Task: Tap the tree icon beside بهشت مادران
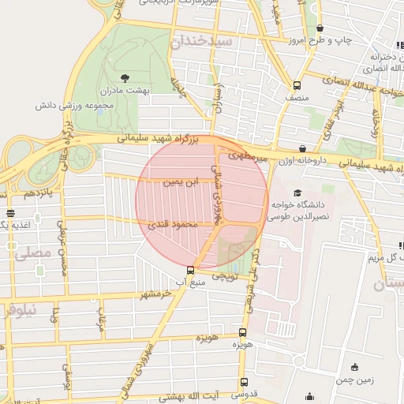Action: tap(125, 77)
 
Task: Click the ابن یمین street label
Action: tap(177, 181)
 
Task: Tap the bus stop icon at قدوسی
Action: tap(243, 383)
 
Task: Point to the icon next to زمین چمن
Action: tap(355, 366)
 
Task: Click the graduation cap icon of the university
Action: tap(297, 193)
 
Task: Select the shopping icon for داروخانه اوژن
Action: tap(302, 148)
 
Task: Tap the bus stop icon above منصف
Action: tap(297, 85)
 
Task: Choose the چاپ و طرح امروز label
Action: tap(317, 39)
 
